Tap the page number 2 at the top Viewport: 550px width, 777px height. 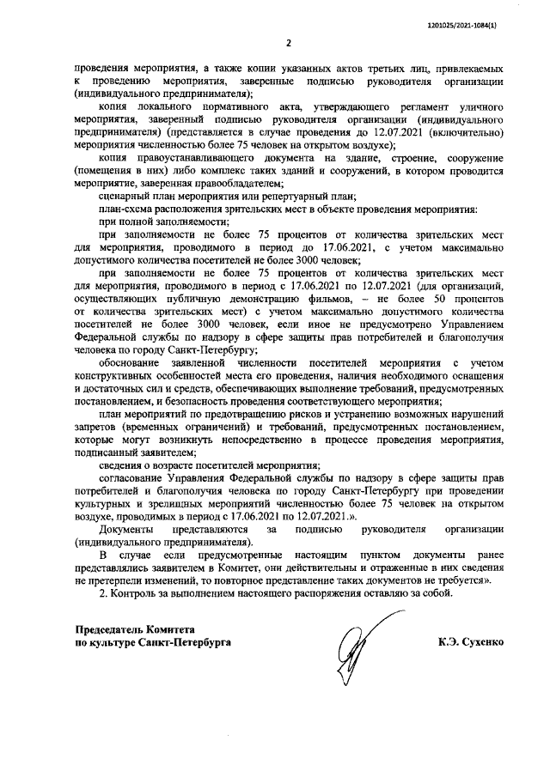click(x=289, y=43)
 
